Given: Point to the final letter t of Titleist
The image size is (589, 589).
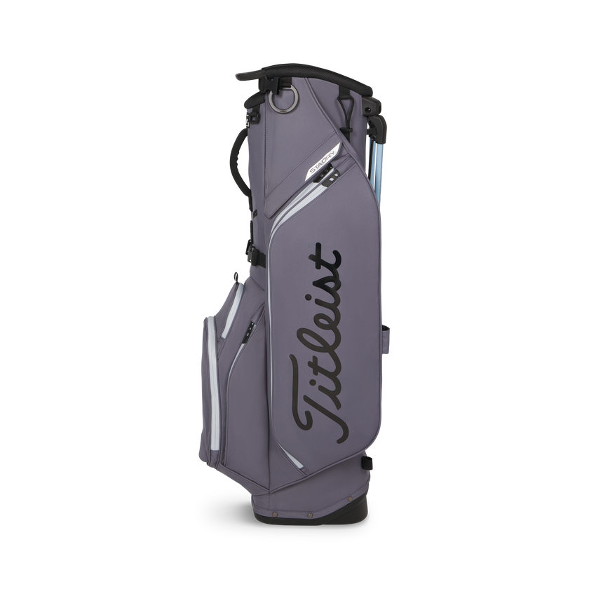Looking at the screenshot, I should coord(324,254).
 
